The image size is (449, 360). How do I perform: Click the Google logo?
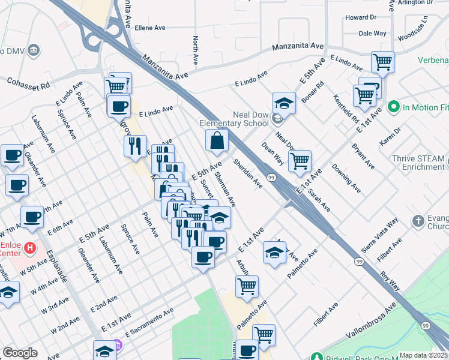coord(20,353)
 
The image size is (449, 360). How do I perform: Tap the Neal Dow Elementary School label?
coord(234,119)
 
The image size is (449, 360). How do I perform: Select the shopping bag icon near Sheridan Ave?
coord(217,141)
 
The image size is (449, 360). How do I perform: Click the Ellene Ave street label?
coord(150,28)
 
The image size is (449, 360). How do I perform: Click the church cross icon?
coord(418,222)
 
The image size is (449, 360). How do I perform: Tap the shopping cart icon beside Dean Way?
coord(299,160)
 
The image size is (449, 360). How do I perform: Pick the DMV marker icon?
coord(34,49)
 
